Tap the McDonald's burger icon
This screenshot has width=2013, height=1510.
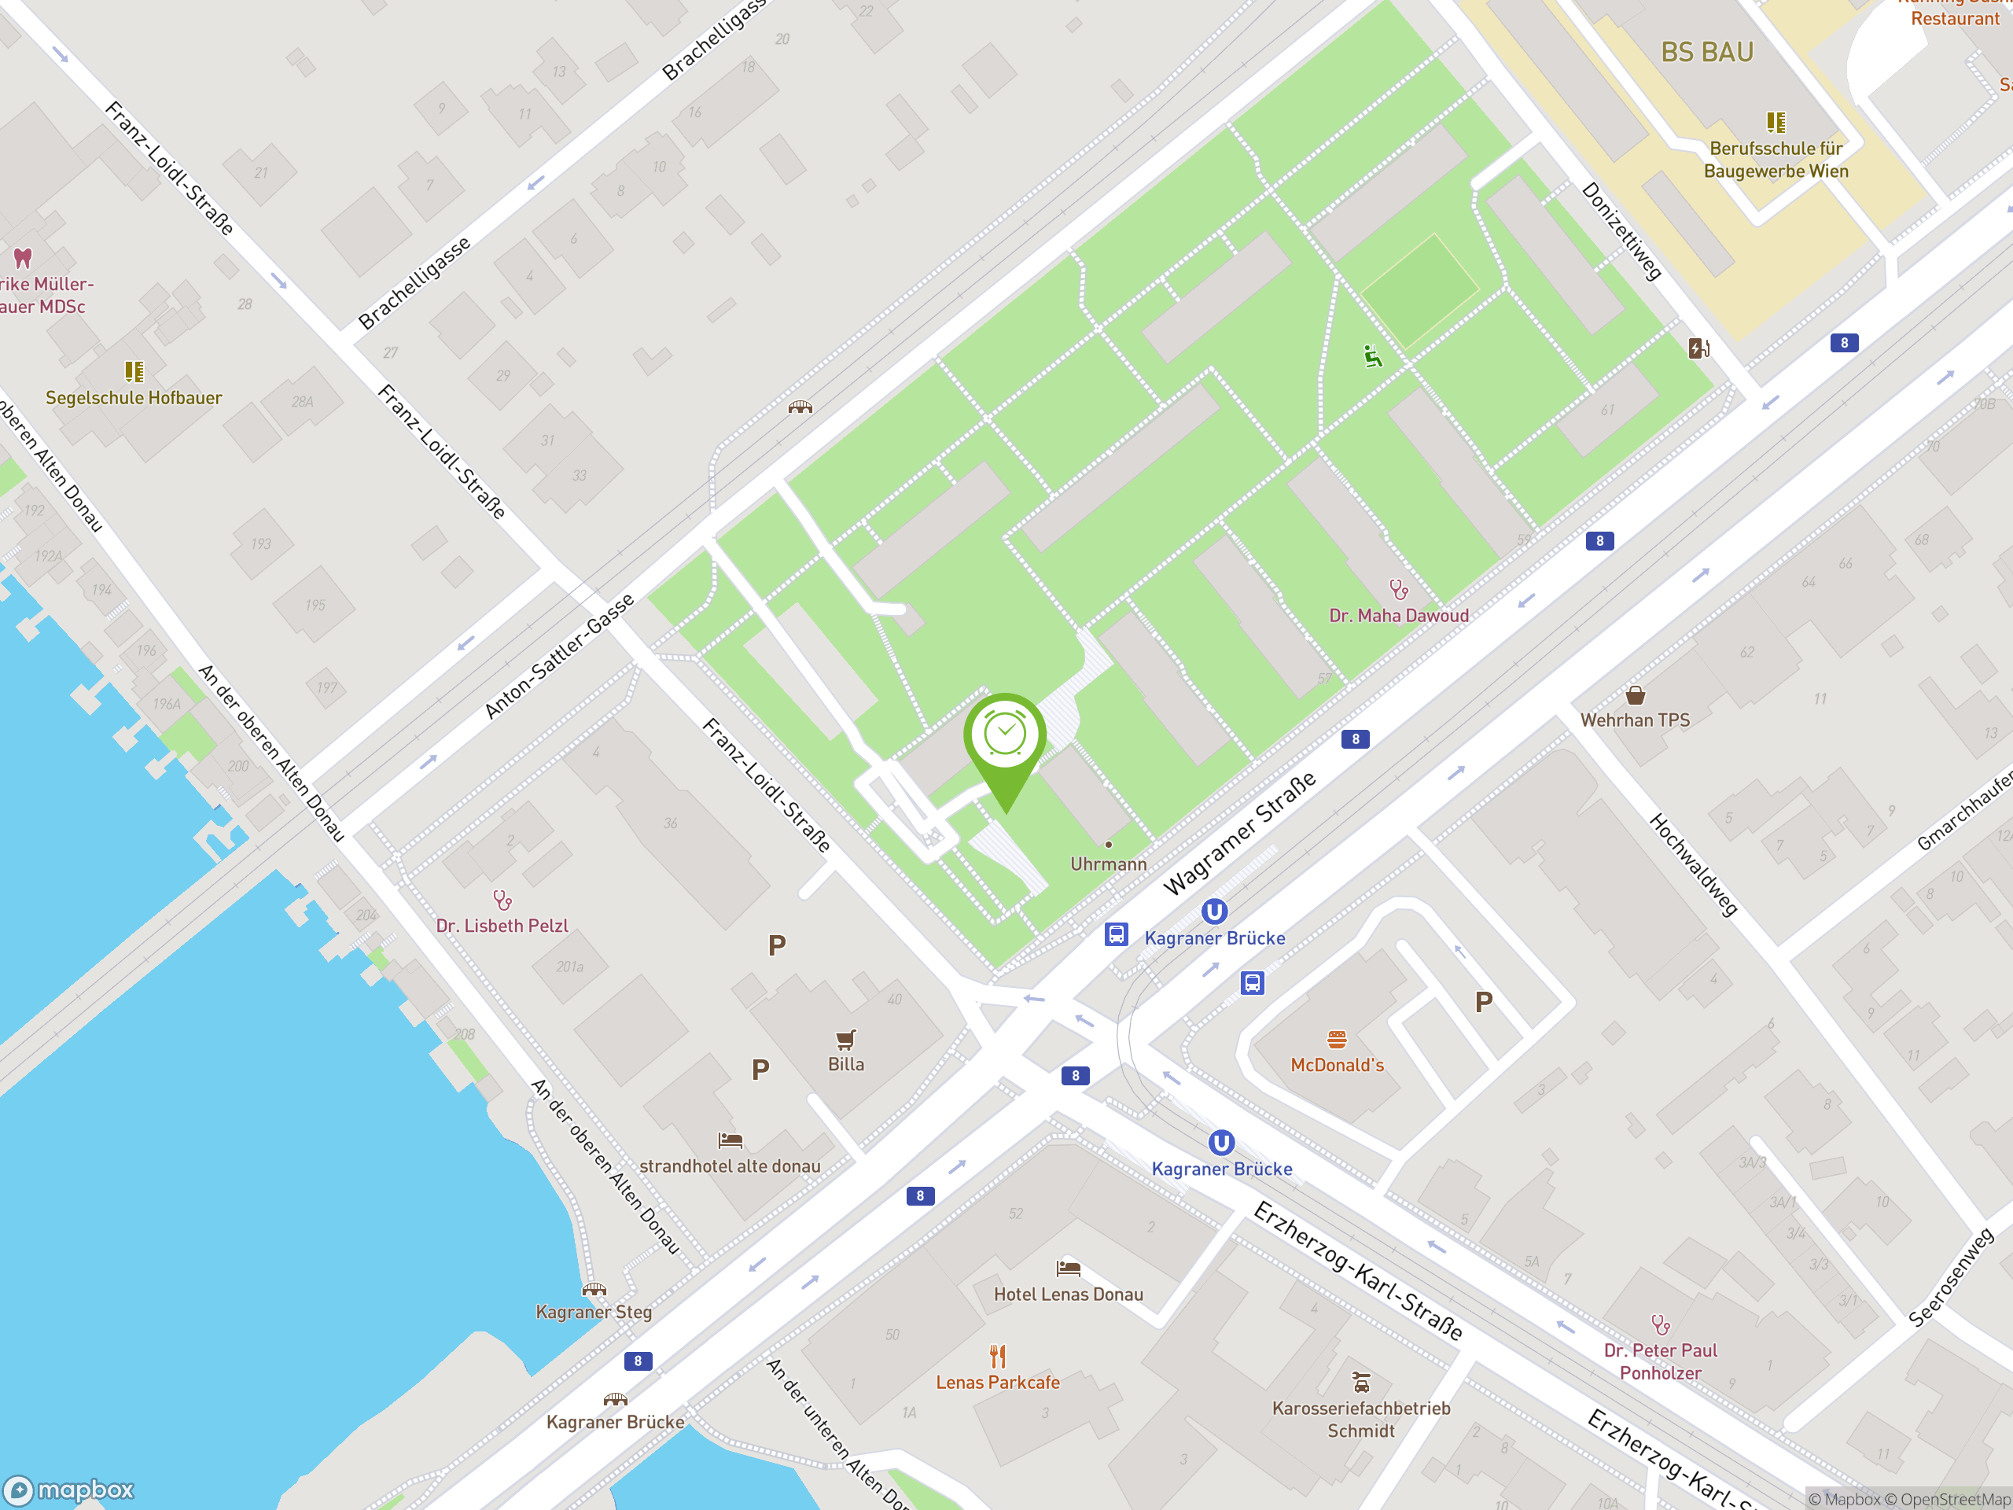point(1336,1040)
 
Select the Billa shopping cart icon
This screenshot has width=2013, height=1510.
point(845,1040)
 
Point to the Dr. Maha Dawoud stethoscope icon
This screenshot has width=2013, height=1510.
point(1399,591)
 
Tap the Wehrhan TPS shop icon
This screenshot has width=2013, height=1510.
point(1635,696)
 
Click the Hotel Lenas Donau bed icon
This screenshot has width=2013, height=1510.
point(1068,1268)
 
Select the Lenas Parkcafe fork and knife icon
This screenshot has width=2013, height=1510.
point(997,1356)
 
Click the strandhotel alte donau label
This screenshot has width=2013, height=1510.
point(729,1166)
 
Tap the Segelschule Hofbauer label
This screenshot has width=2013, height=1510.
point(134,398)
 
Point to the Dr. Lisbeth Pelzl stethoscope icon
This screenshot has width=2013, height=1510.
point(502,900)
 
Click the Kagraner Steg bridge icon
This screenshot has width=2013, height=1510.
point(594,1289)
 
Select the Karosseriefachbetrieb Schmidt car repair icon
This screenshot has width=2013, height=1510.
point(1360,1383)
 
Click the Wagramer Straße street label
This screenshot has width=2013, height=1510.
point(1239,833)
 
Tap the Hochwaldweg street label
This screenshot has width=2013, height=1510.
point(1693,864)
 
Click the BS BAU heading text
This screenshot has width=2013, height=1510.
point(1706,53)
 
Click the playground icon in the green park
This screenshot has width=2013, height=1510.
point(1372,356)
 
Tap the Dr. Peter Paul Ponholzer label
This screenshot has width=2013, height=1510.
point(1660,1361)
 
